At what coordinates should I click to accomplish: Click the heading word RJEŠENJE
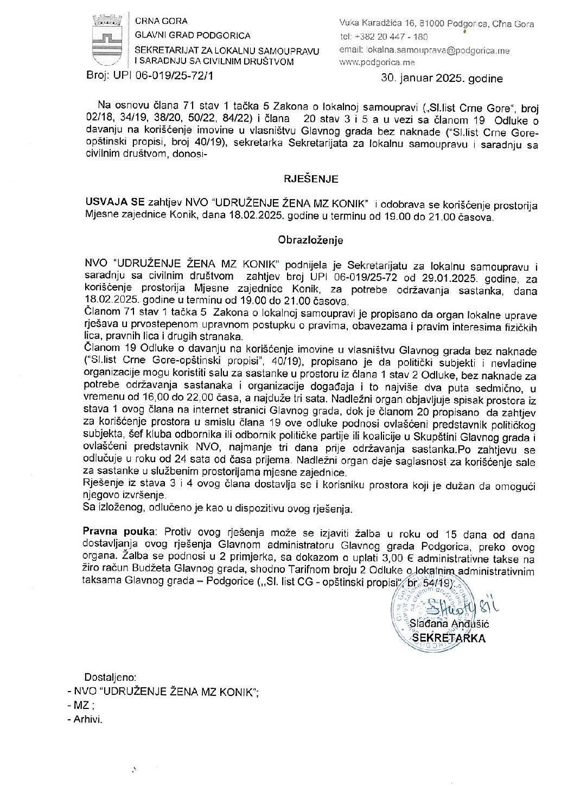tap(311, 178)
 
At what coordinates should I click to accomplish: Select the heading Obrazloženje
tap(310, 240)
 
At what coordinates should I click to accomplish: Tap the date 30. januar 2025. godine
tap(442, 78)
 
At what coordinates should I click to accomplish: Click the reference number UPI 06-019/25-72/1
tap(163, 76)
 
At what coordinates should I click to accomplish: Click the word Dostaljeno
tap(110, 677)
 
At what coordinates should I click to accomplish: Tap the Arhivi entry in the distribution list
tap(88, 720)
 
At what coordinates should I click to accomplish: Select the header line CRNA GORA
tap(161, 21)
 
